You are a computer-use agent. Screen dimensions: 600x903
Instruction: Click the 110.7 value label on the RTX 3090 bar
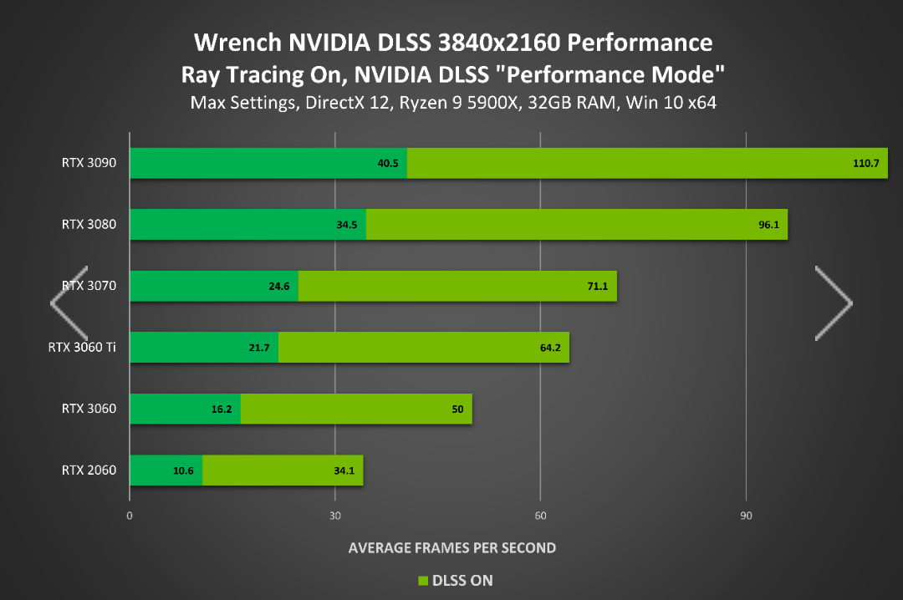tap(865, 163)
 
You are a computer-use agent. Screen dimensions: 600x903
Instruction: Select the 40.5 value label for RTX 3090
tap(388, 163)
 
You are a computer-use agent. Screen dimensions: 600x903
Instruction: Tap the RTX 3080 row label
tap(89, 224)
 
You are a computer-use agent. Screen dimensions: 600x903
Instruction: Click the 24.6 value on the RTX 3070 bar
tap(279, 286)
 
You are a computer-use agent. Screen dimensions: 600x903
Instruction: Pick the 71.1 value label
tap(598, 286)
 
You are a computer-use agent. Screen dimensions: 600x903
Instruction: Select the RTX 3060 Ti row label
tap(82, 347)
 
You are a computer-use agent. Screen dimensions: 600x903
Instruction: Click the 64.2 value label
tap(550, 348)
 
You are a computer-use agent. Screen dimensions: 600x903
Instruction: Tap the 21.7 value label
tap(259, 348)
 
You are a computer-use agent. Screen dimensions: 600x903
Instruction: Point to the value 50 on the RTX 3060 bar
tap(457, 409)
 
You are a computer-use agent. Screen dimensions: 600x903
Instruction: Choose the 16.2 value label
tap(222, 409)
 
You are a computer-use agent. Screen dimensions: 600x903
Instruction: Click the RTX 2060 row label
tap(89, 470)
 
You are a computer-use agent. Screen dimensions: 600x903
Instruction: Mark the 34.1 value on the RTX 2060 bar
tap(344, 470)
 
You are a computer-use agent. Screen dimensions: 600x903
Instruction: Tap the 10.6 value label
tap(183, 470)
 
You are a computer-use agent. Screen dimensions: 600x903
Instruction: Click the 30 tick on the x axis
tap(335, 516)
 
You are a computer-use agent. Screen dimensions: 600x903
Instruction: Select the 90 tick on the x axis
tap(746, 516)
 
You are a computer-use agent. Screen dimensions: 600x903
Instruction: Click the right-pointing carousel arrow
tap(834, 303)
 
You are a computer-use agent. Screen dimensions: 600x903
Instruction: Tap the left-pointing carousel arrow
tap(69, 303)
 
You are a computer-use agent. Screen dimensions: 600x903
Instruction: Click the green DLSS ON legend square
tap(422, 580)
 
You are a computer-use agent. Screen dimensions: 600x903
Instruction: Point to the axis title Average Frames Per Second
tap(451, 548)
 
